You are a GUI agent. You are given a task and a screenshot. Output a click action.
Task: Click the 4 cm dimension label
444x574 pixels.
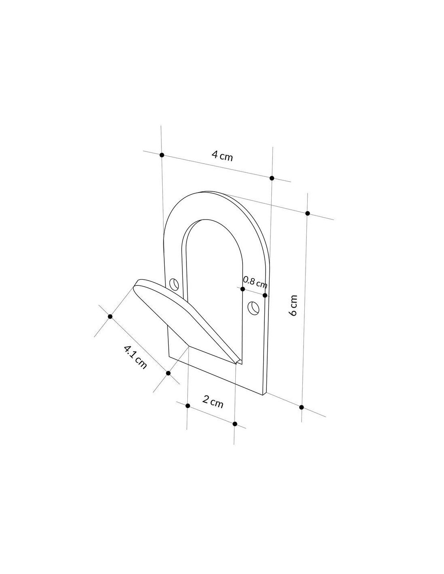click(222, 156)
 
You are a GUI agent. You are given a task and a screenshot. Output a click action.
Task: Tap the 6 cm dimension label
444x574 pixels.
click(293, 305)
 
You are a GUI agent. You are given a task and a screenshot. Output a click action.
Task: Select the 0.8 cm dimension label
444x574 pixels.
click(255, 282)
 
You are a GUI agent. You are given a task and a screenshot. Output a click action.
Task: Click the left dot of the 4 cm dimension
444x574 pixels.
click(162, 155)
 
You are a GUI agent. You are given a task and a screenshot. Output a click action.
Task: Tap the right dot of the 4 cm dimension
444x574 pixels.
click(272, 178)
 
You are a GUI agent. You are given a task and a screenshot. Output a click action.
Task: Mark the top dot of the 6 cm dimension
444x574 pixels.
click(308, 214)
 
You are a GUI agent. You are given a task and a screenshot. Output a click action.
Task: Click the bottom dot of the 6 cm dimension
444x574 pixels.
click(302, 407)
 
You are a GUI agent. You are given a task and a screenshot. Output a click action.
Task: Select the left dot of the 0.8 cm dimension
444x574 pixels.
click(243, 289)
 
